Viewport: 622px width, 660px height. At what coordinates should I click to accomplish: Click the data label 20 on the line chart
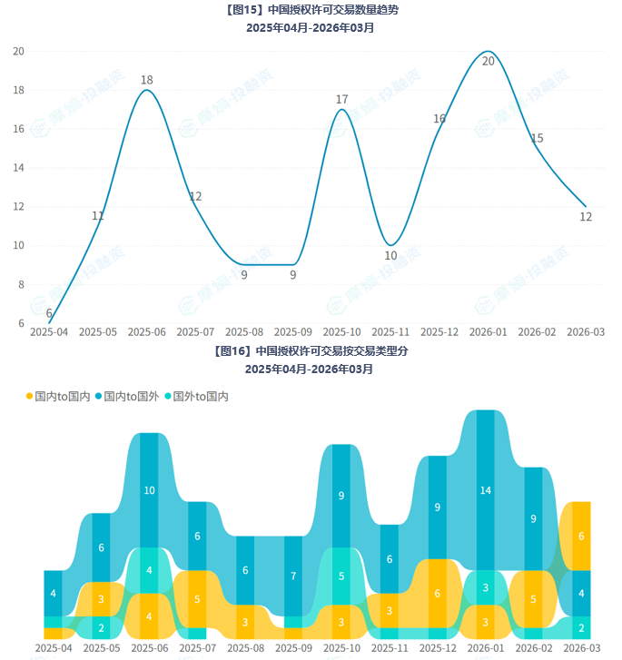point(489,62)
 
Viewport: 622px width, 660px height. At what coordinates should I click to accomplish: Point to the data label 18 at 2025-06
point(147,81)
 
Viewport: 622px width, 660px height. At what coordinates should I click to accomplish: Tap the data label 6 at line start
point(49,313)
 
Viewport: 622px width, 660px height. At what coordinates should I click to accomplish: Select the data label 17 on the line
point(342,100)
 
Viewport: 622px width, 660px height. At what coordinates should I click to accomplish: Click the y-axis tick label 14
point(18,168)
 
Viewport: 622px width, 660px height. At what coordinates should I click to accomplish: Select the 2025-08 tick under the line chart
point(244,332)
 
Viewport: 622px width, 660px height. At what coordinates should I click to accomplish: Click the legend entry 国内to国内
point(58,397)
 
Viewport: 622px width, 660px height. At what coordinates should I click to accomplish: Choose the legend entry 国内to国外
point(127,397)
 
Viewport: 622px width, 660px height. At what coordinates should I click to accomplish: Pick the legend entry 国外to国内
point(196,397)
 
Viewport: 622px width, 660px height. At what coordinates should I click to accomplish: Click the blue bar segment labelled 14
point(485,490)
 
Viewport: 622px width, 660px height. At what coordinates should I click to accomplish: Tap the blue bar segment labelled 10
point(149,490)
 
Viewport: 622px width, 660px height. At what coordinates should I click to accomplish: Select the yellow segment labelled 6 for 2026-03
point(581,536)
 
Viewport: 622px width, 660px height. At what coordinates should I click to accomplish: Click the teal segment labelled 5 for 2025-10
point(341,576)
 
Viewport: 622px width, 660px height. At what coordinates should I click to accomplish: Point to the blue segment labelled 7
point(292,576)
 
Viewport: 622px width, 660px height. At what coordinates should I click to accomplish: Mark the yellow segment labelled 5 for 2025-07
point(197,599)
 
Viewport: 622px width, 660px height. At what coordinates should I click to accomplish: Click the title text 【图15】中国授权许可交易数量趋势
point(310,11)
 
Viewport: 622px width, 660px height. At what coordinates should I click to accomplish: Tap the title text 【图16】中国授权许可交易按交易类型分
point(310,350)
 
